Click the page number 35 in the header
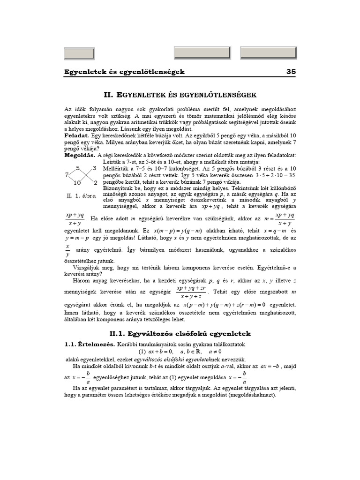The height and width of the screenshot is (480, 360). coord(291,72)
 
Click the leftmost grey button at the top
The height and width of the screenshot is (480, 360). coord(79,53)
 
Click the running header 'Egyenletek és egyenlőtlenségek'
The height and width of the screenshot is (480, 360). coord(125,72)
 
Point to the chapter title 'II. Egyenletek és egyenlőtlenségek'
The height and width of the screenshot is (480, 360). coord(180,95)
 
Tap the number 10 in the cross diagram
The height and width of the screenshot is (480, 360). coord(77,182)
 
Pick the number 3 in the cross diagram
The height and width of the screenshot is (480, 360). coord(94,168)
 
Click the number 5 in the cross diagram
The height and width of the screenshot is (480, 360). coord(78,168)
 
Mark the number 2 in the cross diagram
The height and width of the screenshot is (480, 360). coord(95,182)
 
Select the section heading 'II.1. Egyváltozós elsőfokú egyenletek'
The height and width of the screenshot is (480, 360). coord(180,334)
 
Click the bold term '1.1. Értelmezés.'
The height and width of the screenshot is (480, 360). coord(89,344)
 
